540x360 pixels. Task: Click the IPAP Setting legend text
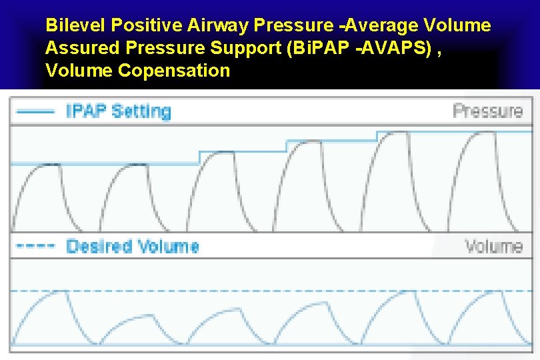click(118, 111)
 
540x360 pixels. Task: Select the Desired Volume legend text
click(132, 246)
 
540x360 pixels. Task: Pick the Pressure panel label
click(487, 111)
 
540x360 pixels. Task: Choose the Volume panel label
click(493, 246)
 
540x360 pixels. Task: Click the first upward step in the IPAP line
click(199, 157)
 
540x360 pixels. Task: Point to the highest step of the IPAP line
click(453, 132)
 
